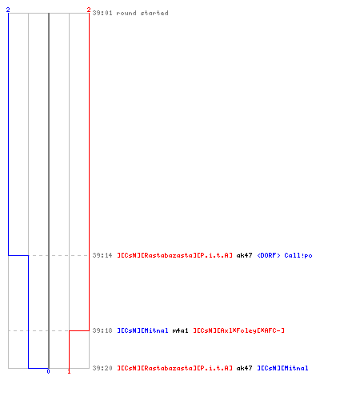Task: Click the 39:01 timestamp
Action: (x=102, y=13)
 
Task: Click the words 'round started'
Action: (x=142, y=13)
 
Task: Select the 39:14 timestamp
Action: (x=102, y=255)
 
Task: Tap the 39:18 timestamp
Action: (x=102, y=330)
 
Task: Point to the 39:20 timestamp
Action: (x=102, y=368)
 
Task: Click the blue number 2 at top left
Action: (x=8, y=10)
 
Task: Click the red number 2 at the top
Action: (x=89, y=10)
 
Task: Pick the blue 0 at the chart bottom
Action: (x=48, y=371)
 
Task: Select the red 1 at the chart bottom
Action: (x=69, y=371)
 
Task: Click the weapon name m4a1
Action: (x=180, y=330)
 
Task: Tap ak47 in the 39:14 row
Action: (x=244, y=255)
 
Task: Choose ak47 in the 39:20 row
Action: (x=244, y=368)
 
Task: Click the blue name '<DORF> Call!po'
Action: (x=285, y=255)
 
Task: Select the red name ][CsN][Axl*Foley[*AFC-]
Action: (x=238, y=330)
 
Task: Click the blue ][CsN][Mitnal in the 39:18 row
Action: (x=142, y=330)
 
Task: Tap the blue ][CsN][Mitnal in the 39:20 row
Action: (x=282, y=368)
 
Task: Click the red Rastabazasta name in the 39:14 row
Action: (x=174, y=255)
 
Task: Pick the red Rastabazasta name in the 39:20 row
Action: (x=174, y=368)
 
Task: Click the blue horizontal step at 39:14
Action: (x=18, y=255)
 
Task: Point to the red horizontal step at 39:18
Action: (x=79, y=330)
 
